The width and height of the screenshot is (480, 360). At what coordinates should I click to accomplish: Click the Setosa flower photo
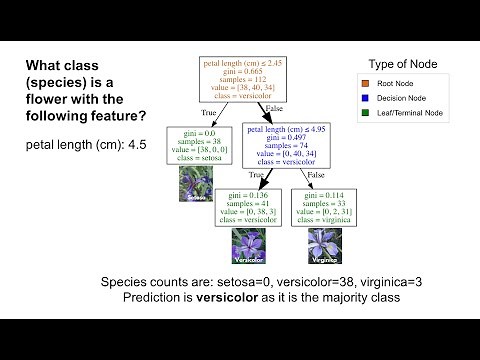pyautogui.click(x=196, y=183)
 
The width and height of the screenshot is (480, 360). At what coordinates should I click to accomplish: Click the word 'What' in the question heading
pyautogui.click(x=48, y=66)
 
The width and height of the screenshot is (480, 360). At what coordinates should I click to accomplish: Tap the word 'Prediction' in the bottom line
pyautogui.click(x=156, y=298)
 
